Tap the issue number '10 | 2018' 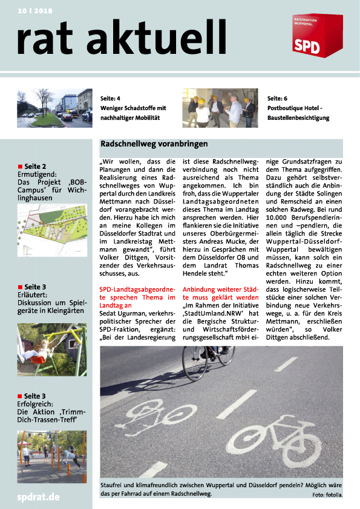(x=35, y=11)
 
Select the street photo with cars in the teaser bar (x=54, y=108)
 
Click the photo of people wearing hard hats (x=220, y=108)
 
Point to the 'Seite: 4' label (x=110, y=98)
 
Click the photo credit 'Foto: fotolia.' (x=327, y=495)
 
